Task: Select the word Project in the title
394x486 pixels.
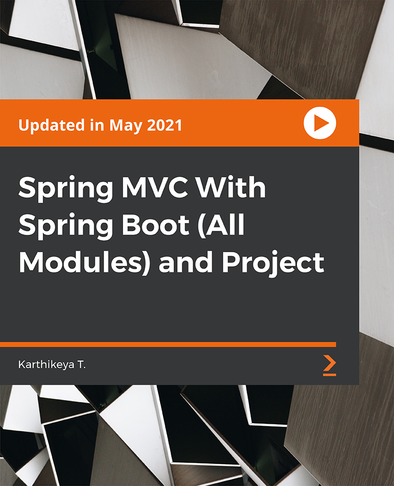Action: point(273,262)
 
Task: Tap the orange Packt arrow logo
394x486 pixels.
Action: point(330,362)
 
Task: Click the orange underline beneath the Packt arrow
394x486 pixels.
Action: point(330,374)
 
